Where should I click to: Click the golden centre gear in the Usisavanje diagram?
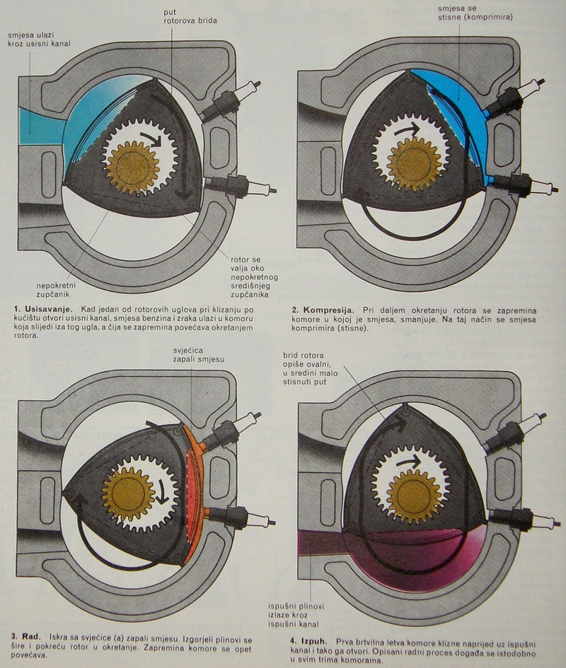tap(132, 168)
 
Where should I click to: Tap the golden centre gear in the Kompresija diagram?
tap(414, 164)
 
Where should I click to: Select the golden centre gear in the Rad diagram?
tap(128, 493)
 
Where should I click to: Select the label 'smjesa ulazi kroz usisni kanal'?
tap(41, 39)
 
